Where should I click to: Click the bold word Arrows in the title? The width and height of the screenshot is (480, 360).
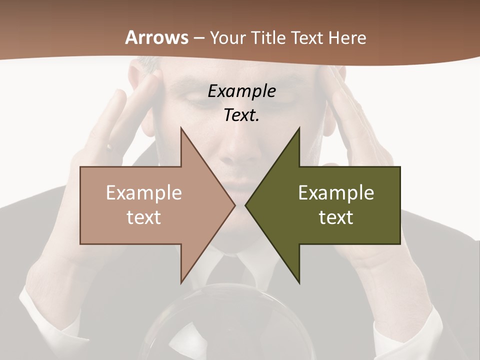tap(156, 37)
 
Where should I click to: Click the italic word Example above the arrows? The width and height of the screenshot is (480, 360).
tap(241, 91)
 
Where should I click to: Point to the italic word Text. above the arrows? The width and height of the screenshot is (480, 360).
tap(241, 115)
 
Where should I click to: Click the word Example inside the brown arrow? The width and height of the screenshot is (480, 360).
tap(144, 192)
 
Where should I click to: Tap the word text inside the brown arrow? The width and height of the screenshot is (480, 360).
tap(144, 217)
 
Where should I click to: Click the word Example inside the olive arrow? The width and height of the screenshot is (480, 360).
tap(336, 192)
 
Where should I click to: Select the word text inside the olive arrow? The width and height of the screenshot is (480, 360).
tap(336, 217)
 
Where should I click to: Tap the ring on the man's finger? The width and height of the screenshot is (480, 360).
tap(108, 147)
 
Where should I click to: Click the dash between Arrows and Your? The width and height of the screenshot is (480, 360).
tap(198, 38)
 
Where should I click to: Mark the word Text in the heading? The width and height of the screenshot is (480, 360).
tap(307, 37)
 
